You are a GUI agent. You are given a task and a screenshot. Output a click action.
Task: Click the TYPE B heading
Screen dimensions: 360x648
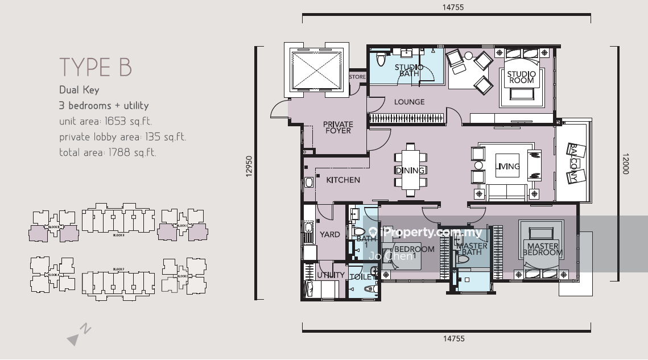[96, 67]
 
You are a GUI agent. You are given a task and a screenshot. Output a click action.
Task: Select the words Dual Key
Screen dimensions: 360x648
[79, 89]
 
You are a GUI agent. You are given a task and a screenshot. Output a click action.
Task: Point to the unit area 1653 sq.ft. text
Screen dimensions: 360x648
[105, 121]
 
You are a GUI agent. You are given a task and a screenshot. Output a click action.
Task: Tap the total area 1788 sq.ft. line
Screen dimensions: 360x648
[108, 152]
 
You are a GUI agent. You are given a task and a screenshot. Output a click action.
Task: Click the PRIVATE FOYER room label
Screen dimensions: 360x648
[338, 127]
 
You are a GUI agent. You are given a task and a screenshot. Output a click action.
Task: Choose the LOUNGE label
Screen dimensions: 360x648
[409, 102]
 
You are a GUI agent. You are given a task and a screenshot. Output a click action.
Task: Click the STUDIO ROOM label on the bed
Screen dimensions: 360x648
[521, 77]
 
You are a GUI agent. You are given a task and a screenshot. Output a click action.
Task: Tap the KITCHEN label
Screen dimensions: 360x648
[342, 180]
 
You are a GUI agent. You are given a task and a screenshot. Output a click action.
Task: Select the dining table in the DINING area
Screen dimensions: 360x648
[410, 170]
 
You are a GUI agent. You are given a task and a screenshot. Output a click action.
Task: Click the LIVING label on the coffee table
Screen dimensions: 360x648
[508, 167]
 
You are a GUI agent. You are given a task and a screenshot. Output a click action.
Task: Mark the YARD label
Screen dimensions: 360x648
[330, 234]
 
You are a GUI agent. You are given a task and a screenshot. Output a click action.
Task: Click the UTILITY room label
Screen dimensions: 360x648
[331, 275]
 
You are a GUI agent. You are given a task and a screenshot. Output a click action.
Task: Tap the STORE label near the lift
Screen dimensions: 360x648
[357, 77]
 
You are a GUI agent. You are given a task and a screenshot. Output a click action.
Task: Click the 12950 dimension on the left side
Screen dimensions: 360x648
[249, 168]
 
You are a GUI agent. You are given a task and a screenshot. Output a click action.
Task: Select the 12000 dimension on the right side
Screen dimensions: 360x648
[625, 163]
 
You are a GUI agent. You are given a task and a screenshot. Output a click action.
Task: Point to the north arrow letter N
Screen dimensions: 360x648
[85, 328]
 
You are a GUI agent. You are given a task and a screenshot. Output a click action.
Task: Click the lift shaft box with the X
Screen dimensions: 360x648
[317, 69]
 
